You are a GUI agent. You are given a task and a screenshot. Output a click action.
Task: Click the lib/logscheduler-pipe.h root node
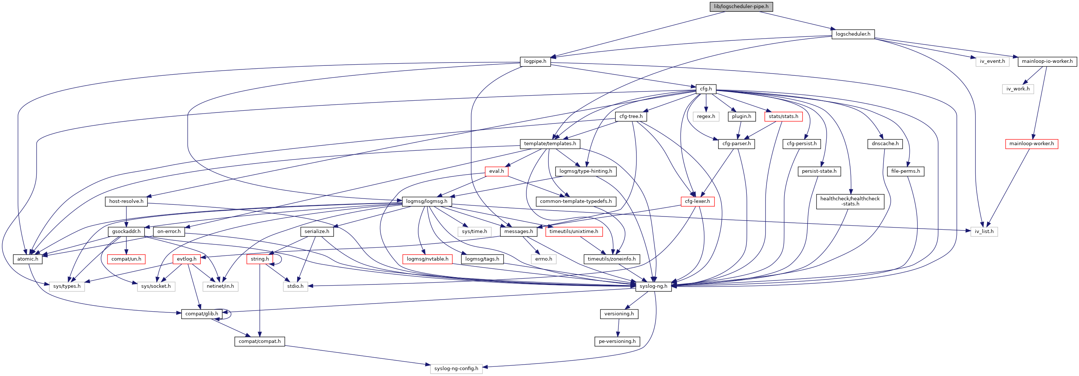point(741,7)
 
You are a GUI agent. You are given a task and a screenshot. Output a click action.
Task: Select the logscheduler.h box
point(853,34)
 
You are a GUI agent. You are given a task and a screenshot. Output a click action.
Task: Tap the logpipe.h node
point(535,61)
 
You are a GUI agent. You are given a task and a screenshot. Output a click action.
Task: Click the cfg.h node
point(706,89)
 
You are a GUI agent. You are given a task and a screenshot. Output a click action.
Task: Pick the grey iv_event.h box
point(992,61)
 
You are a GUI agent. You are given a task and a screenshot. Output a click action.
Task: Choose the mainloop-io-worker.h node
point(1047,61)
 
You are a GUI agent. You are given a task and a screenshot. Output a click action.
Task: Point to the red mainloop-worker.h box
point(1031,144)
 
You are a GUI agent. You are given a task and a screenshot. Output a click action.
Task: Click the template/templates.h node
point(550,144)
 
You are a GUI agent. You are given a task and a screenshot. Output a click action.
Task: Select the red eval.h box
point(496,171)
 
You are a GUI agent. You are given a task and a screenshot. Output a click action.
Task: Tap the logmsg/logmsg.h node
point(426,201)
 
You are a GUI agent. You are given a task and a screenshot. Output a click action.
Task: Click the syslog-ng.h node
point(653,286)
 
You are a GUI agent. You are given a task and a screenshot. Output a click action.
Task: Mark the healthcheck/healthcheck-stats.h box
point(849,201)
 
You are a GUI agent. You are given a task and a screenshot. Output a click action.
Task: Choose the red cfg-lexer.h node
point(697,201)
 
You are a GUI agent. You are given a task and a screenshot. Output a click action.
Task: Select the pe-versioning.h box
point(617,341)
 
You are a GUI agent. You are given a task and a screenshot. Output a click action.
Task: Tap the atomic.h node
point(28,259)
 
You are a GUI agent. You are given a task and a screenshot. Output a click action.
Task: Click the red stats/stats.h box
point(783,117)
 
